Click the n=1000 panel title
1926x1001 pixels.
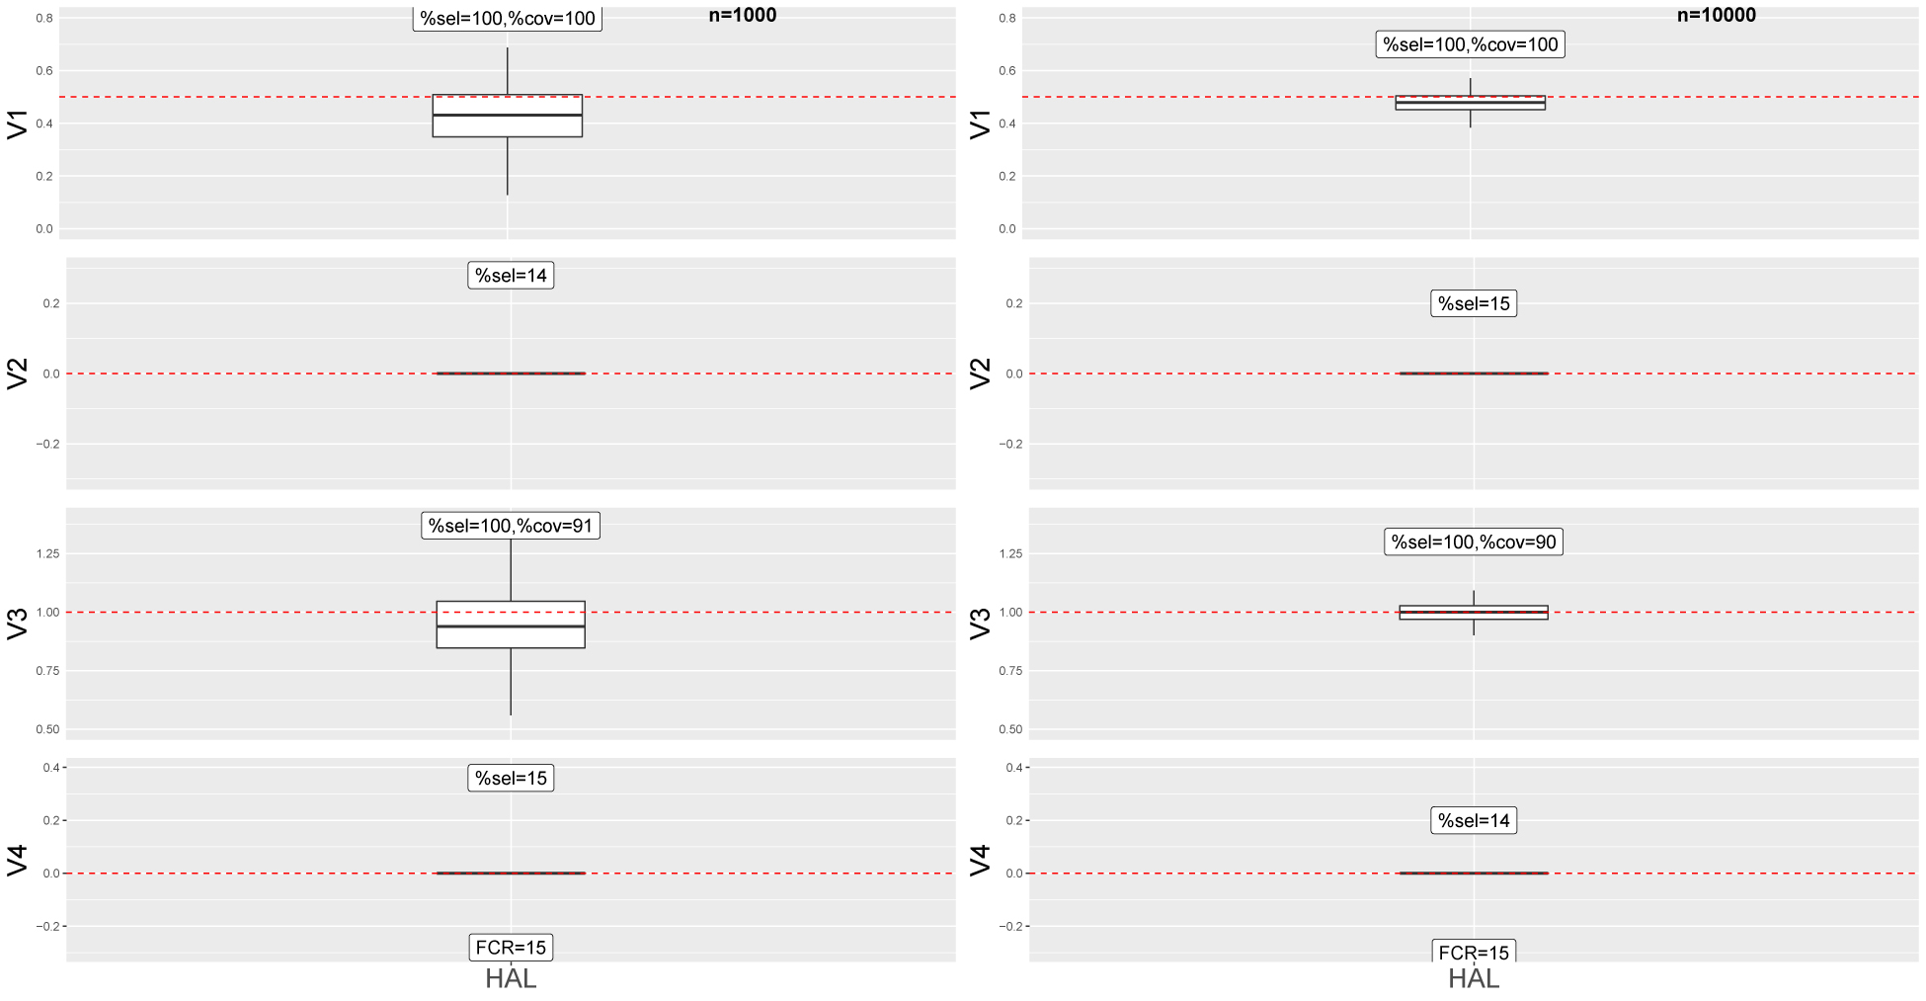coord(742,15)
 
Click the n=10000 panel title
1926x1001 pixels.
coord(1716,15)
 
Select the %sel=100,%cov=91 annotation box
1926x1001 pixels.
coord(511,526)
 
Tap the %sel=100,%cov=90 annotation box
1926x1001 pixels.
coord(1473,542)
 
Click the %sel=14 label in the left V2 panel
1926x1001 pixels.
coord(511,276)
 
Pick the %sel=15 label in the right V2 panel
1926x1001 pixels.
coord(1473,303)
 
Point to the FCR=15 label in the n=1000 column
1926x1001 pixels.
coord(511,948)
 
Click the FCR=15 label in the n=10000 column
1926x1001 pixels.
coord(1473,953)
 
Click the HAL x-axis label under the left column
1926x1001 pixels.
coord(511,979)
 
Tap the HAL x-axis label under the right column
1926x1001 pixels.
coord(1473,979)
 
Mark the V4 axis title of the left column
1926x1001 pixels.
coord(18,860)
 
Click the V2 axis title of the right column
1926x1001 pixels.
coord(980,374)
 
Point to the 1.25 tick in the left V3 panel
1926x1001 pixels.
coord(47,553)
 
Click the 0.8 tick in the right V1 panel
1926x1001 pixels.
coord(1006,18)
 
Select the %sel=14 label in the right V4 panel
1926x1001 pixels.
coord(1473,820)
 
